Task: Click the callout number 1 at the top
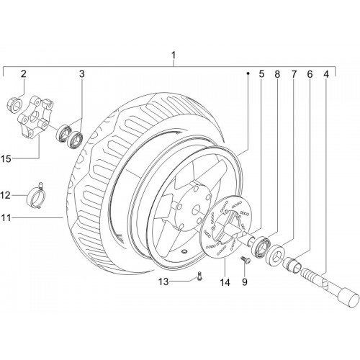click(x=174, y=55)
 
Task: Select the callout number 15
click(x=7, y=158)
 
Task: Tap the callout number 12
click(x=6, y=195)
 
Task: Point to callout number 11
click(x=6, y=217)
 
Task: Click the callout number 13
click(x=163, y=282)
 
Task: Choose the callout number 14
click(x=225, y=282)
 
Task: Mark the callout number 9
click(x=244, y=282)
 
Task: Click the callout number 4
click(x=325, y=74)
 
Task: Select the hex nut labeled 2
click(x=14, y=105)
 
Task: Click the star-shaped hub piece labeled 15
click(x=35, y=117)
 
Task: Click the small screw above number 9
click(x=246, y=260)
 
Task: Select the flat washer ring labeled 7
click(x=276, y=254)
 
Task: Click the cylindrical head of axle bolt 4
click(x=348, y=298)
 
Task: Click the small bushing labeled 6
click(x=292, y=264)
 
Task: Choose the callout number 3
click(x=82, y=74)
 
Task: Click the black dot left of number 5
click(x=248, y=73)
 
